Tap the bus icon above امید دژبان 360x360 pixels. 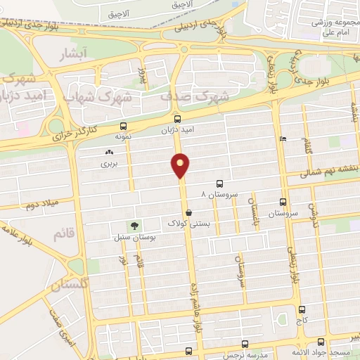coord(177,119)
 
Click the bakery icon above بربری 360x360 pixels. coord(108,152)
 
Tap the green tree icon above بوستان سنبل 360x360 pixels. coord(132,226)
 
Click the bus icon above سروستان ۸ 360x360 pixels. coord(220,182)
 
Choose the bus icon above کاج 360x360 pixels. coord(302,309)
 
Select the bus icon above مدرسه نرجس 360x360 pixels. coord(245,344)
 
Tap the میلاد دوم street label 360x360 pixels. coord(41,205)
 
